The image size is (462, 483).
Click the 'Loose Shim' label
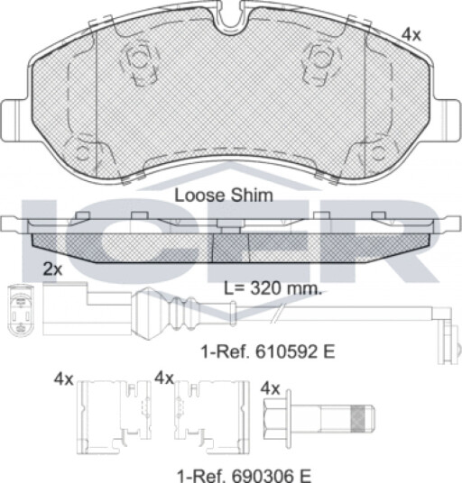tap(224, 196)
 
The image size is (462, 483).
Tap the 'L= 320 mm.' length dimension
tap(273, 288)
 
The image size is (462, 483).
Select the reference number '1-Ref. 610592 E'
tap(268, 351)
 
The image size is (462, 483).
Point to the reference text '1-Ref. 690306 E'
tap(244, 475)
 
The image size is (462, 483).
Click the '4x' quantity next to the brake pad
tap(411, 35)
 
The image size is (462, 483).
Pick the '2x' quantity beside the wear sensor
tap(52, 269)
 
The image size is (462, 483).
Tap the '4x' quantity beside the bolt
tap(270, 388)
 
